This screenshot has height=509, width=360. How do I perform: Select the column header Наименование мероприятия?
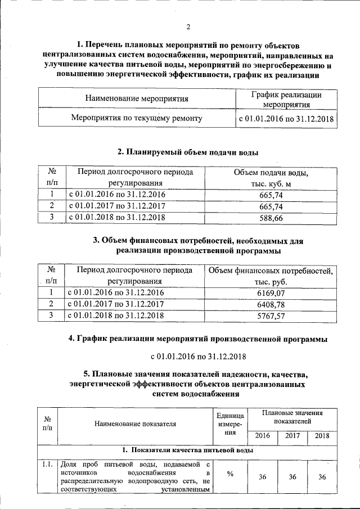tap(137, 99)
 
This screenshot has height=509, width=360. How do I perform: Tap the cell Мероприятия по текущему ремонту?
tap(137, 119)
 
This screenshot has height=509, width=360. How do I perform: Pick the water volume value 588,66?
tap(271, 217)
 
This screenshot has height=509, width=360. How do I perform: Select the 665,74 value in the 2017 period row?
tap(271, 206)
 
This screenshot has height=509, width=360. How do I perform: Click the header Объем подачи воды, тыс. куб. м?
tap(271, 177)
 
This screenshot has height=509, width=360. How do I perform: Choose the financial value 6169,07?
tap(271, 293)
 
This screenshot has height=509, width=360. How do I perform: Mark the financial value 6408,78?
tap(271, 304)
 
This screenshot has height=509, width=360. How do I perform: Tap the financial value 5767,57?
tap(271, 315)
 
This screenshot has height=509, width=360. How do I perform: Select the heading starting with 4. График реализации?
tap(197, 339)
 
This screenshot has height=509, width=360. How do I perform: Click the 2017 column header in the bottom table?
tap(292, 436)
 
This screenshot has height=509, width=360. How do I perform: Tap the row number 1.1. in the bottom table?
tap(47, 465)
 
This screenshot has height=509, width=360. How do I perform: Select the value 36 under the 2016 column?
tap(262, 477)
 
